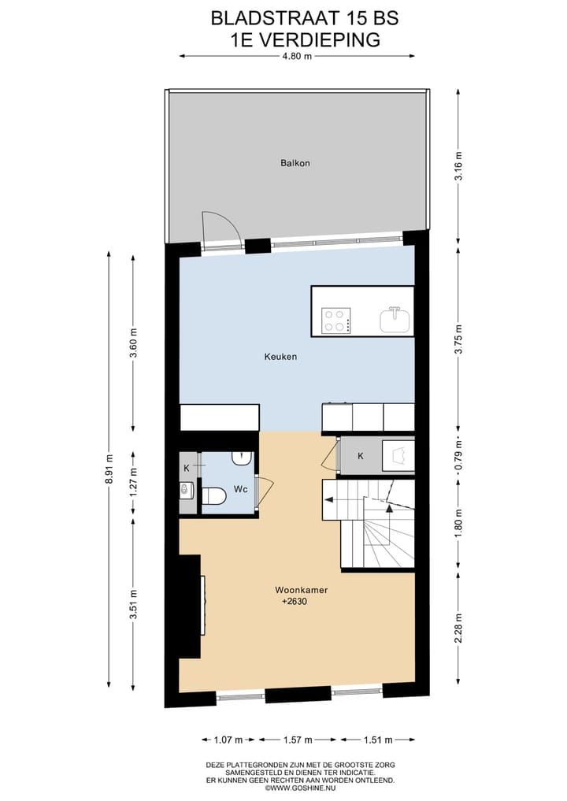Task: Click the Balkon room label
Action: pyautogui.click(x=295, y=163)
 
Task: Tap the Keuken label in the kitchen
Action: pyautogui.click(x=280, y=357)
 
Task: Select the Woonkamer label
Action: pyautogui.click(x=301, y=589)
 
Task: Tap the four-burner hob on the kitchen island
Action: pyautogui.click(x=337, y=320)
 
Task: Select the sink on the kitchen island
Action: pyautogui.click(x=395, y=319)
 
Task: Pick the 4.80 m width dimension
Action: pyautogui.click(x=297, y=56)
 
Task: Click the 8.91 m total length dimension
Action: pyautogui.click(x=110, y=469)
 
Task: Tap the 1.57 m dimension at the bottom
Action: pyautogui.click(x=297, y=740)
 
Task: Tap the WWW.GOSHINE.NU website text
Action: pyautogui.click(x=307, y=788)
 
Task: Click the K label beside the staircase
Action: pyautogui.click(x=360, y=456)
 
